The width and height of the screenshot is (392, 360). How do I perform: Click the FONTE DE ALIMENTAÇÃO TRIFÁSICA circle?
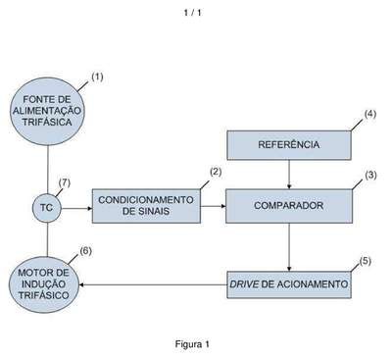[48, 111]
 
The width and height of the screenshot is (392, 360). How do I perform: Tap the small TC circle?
[47, 208]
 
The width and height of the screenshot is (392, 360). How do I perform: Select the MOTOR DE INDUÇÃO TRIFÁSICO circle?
[44, 284]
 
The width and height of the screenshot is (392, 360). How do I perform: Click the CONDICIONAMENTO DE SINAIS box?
[146, 206]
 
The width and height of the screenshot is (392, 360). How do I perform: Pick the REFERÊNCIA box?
[289, 145]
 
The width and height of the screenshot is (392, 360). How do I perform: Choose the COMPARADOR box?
[289, 206]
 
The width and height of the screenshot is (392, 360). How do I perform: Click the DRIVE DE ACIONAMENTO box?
[289, 284]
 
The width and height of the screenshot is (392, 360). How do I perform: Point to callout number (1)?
[97, 77]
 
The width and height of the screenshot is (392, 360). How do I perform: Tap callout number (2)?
[216, 172]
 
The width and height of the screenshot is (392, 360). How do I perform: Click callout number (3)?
[370, 176]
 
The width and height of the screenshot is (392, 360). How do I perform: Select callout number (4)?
[370, 115]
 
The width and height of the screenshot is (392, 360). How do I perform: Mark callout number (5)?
[366, 261]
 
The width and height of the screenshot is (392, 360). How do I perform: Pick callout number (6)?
[85, 251]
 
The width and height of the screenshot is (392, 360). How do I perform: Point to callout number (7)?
[65, 183]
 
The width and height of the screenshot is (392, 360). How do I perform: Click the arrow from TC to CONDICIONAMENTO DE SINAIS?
[76, 208]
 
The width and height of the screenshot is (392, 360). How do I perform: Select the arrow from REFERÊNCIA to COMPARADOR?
[289, 175]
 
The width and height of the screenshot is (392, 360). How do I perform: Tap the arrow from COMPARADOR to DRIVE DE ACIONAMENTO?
[289, 247]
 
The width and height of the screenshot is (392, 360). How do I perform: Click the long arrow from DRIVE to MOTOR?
[153, 284]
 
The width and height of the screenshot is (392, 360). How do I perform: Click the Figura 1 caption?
[192, 344]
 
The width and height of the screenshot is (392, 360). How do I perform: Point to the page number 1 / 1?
[192, 13]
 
